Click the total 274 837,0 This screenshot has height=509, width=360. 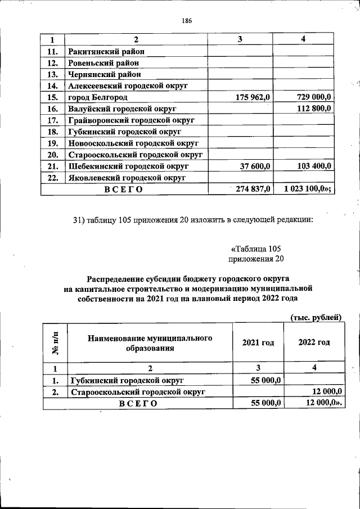pos(253,189)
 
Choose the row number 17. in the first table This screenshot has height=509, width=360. pos(53,120)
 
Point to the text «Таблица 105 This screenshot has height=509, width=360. pos(255,249)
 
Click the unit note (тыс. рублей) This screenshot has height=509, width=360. pos(316,317)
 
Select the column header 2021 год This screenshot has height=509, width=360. pos(258,343)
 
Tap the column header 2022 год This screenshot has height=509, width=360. pos(314,343)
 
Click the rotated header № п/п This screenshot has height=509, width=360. pos(55,343)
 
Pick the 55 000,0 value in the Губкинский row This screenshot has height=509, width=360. pos(263,380)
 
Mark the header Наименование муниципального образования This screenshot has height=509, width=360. pos(150,343)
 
